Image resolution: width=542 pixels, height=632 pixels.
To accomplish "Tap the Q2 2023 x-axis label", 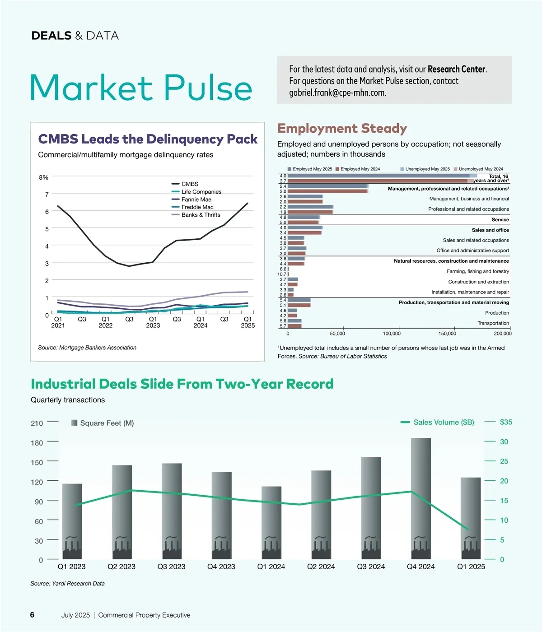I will (121, 567).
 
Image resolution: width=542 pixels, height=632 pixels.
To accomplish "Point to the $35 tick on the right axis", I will (506, 422).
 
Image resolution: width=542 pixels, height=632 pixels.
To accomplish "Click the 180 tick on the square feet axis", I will (37, 443).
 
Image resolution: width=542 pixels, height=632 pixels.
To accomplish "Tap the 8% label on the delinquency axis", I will (43, 177).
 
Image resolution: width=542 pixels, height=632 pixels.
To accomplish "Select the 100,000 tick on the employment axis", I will (392, 334).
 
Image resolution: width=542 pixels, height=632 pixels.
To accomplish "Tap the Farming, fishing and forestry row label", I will (478, 271).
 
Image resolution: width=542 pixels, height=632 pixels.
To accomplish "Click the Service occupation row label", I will (500, 220).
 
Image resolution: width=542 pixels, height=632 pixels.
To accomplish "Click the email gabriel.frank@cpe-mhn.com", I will (337, 93).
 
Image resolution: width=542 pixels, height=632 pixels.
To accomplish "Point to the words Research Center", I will (456, 70).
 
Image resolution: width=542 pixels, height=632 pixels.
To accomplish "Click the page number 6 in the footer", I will (32, 615).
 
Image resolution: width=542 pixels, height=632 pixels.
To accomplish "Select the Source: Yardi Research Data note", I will (68, 584).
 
